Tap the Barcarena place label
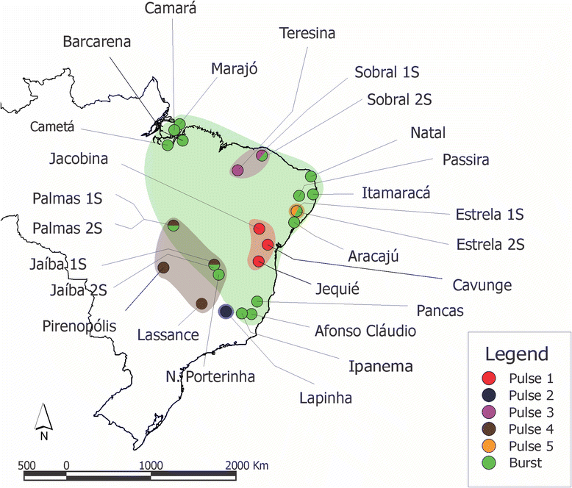coord(96,42)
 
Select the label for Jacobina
coord(81,158)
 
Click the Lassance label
coord(168,335)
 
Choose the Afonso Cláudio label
coord(365,331)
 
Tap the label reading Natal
coord(428,133)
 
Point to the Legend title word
coord(516,354)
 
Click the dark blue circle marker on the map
coord(226,312)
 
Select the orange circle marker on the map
coord(296,211)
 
